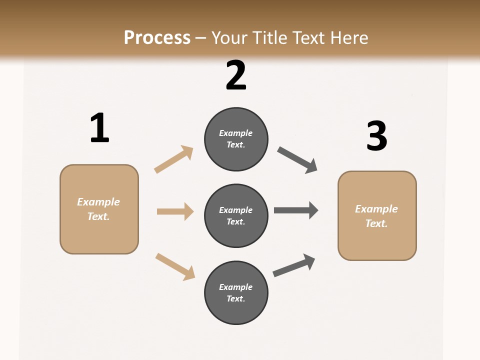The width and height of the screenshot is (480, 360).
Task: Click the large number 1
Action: [x=99, y=128]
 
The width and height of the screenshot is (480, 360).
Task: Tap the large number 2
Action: [x=236, y=75]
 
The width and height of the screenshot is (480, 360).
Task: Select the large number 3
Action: [x=377, y=136]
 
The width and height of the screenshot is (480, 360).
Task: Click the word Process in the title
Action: [x=157, y=37]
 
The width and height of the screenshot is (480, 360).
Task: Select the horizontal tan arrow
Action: [x=175, y=211]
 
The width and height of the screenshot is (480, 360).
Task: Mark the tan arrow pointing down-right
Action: [x=175, y=266]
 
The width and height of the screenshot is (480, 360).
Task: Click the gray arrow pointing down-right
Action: [x=297, y=160]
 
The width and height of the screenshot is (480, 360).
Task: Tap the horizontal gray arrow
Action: [x=296, y=210]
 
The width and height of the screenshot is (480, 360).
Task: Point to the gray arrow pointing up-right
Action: [x=294, y=265]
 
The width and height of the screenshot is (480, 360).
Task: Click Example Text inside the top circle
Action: [x=236, y=139]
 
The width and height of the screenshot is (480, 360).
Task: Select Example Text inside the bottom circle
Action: [x=236, y=293]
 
